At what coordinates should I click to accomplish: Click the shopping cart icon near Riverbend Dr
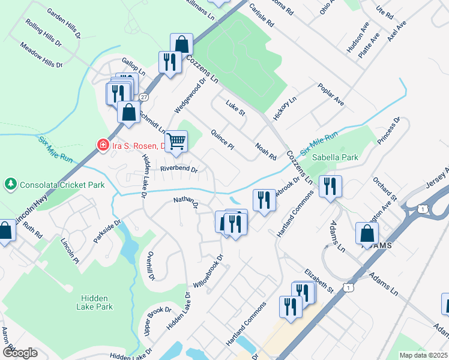click(x=176, y=141)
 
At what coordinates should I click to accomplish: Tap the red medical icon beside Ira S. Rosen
click(x=103, y=145)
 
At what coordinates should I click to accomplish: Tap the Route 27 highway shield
click(x=143, y=97)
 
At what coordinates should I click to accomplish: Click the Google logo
click(x=20, y=352)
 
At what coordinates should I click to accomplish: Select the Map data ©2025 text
click(x=423, y=355)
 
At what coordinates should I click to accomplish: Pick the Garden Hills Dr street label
click(x=64, y=23)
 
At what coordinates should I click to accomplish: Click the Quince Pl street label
click(x=221, y=139)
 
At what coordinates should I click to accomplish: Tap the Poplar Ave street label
click(x=331, y=94)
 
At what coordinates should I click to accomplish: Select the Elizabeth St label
click(x=318, y=280)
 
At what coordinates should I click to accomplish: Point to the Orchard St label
click(x=385, y=188)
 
